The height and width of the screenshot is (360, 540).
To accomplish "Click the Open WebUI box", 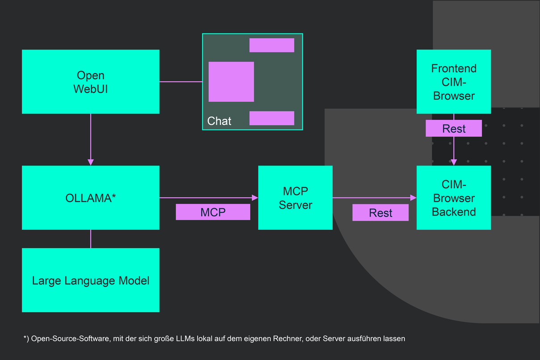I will coord(90,81).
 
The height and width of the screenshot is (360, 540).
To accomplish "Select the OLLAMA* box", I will coord(90,198).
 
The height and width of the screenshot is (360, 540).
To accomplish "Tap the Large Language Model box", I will coord(90,280).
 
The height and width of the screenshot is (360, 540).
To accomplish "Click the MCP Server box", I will coord(295,198).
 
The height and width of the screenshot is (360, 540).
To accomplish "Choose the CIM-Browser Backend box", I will coord(454,198).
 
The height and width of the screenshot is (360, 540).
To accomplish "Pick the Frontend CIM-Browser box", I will coord(454,81).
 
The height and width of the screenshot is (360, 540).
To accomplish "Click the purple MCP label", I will coord(213,212).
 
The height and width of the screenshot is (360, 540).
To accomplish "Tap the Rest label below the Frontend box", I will coord(454,128).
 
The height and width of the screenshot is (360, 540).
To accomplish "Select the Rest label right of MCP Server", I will coord(380,213).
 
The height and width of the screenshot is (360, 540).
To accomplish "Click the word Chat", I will coord(219,121).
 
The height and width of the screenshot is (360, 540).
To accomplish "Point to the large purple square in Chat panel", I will coord(231,82).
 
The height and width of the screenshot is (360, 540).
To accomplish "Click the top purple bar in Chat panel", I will coord(272,45).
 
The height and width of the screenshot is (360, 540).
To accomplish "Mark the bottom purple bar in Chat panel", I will coord(272,118).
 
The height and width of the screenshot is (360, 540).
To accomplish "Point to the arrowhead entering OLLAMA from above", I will coord(91,162).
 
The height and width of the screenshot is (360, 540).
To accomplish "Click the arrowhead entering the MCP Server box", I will coord(255,197).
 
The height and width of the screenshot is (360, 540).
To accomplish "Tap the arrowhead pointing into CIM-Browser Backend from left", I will coord(413,197).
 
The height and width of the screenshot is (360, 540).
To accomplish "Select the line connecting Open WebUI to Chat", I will coord(181,82).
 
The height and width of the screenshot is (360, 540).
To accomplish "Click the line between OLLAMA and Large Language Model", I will coord(91,239).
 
